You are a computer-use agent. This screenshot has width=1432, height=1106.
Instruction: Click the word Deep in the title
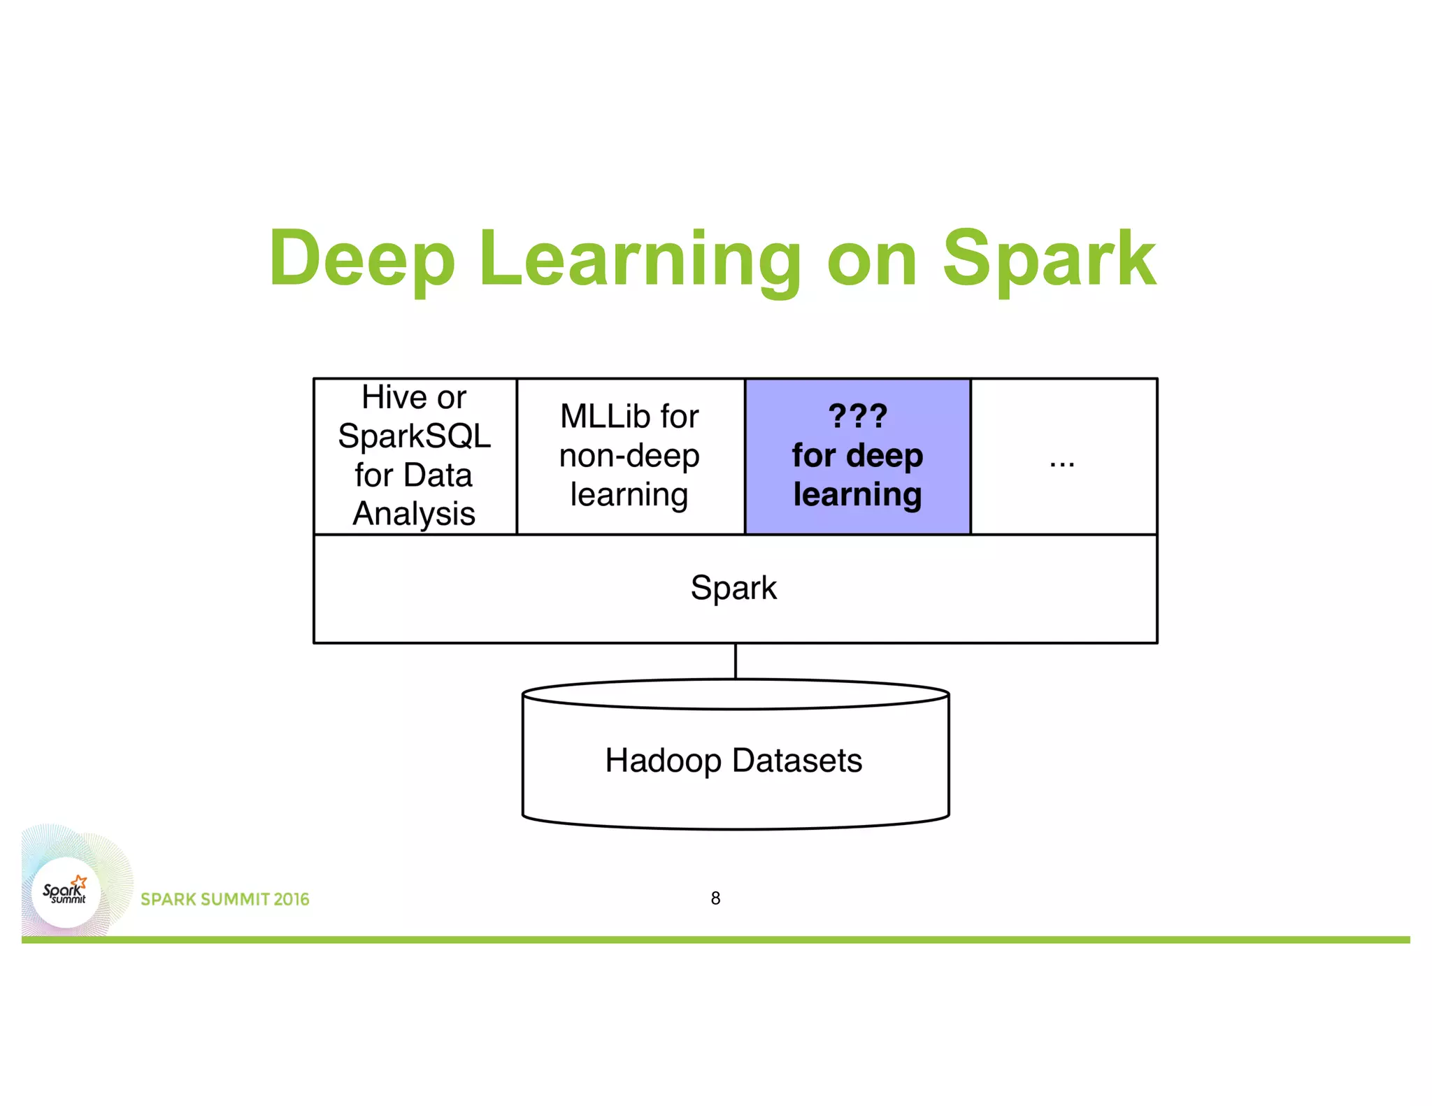coord(362,259)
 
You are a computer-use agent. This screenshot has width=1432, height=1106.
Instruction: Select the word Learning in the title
coord(639,259)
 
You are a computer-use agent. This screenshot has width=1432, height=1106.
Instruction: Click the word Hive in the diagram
coord(393,398)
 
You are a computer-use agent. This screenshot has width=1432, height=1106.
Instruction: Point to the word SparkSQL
coord(415,436)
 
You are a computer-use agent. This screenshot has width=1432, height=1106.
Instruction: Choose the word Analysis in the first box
coord(414,514)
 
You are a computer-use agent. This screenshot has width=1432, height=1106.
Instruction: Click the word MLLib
coord(603,417)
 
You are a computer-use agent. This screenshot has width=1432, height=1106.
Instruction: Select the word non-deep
coord(629,456)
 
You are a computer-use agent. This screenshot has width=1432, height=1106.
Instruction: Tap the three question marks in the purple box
coord(857,417)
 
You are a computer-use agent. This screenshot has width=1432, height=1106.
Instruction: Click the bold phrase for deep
coord(857,456)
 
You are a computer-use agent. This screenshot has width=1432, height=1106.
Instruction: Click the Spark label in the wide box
coord(733,587)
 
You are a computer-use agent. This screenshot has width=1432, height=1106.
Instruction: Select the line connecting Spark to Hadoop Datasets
coord(736,661)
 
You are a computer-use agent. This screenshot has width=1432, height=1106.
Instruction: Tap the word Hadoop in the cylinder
coord(663,761)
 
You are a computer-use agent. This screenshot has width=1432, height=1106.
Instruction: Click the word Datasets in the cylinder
coord(797,761)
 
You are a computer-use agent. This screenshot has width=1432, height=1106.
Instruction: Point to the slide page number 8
coord(715,898)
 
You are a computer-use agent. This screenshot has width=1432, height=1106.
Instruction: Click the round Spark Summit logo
coord(66,892)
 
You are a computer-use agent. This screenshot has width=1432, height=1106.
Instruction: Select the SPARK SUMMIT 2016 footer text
coord(224,900)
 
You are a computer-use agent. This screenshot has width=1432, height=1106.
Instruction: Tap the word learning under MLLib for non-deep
coord(629,495)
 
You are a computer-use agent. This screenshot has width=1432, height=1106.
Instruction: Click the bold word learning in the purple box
coord(857,495)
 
